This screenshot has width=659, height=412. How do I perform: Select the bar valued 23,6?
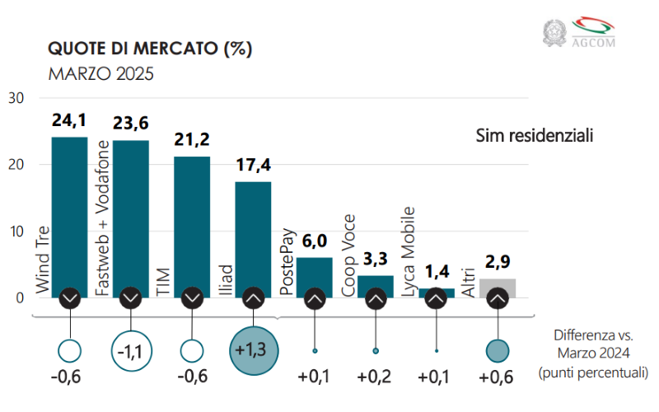130,218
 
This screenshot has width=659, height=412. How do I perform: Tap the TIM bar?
192,226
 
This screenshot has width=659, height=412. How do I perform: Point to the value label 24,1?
69,121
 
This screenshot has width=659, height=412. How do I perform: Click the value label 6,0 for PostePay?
314,241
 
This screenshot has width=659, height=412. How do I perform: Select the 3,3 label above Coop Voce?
376,260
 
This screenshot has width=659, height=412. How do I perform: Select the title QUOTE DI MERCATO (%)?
150,49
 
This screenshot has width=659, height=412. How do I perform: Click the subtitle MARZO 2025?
101,73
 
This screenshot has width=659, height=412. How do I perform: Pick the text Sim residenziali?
535,134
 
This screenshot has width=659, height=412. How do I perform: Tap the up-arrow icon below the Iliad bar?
253,298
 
